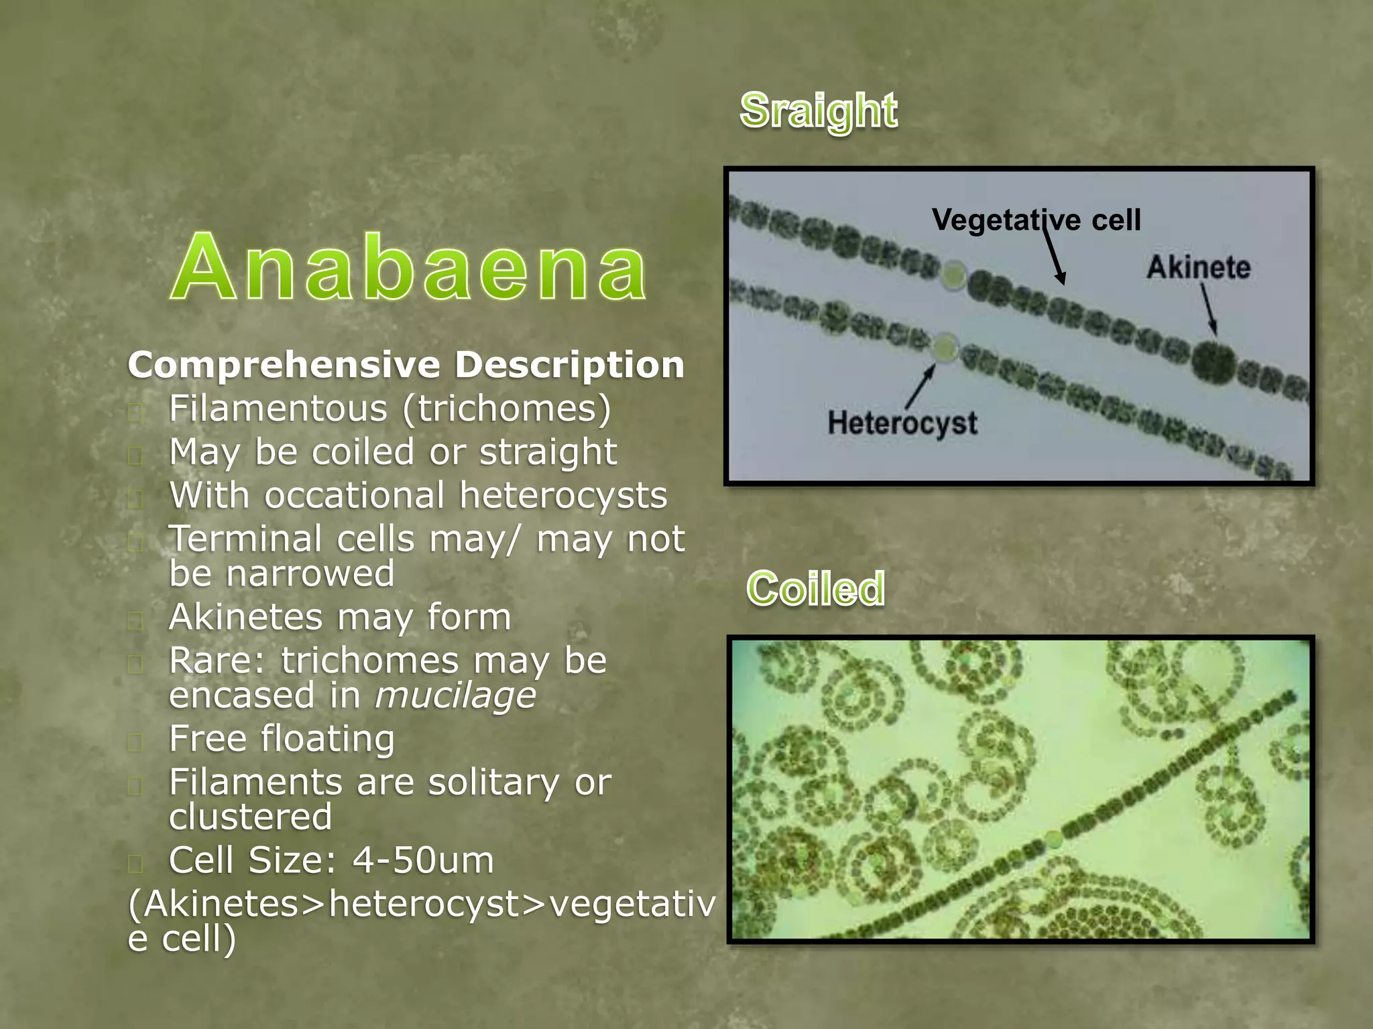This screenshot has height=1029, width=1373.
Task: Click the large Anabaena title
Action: click(x=409, y=268)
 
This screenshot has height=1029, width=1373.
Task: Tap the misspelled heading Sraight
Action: click(x=818, y=111)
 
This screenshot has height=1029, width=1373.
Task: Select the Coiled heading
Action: click(x=816, y=589)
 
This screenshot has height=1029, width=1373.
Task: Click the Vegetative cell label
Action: click(x=1036, y=220)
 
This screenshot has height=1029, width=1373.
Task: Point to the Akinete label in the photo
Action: click(x=1198, y=267)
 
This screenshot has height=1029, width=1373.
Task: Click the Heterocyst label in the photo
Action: click(x=902, y=423)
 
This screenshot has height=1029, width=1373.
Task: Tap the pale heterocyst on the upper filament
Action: click(x=953, y=275)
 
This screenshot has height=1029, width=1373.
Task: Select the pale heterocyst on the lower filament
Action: click(x=945, y=348)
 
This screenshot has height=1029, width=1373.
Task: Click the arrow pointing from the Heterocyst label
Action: click(x=920, y=387)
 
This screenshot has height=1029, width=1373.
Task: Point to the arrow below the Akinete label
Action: click(x=1208, y=308)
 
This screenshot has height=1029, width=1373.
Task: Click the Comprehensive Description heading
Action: click(x=406, y=365)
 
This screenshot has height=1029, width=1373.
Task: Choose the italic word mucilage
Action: click(x=455, y=695)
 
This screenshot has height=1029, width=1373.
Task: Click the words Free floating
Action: click(x=282, y=739)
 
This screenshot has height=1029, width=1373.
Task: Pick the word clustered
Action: click(x=250, y=817)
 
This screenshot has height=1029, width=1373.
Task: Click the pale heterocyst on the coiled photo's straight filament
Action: click(x=1054, y=838)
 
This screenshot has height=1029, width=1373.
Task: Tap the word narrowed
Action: click(x=310, y=574)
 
